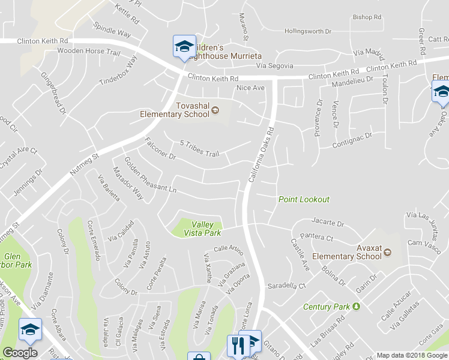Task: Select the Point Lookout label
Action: [304, 199]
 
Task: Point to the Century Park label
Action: [326, 307]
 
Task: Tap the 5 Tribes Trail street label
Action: [199, 149]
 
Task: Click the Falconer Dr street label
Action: [160, 149]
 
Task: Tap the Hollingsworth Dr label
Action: [307, 31]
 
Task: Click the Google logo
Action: [20, 353]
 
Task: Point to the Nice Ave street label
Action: [250, 88]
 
